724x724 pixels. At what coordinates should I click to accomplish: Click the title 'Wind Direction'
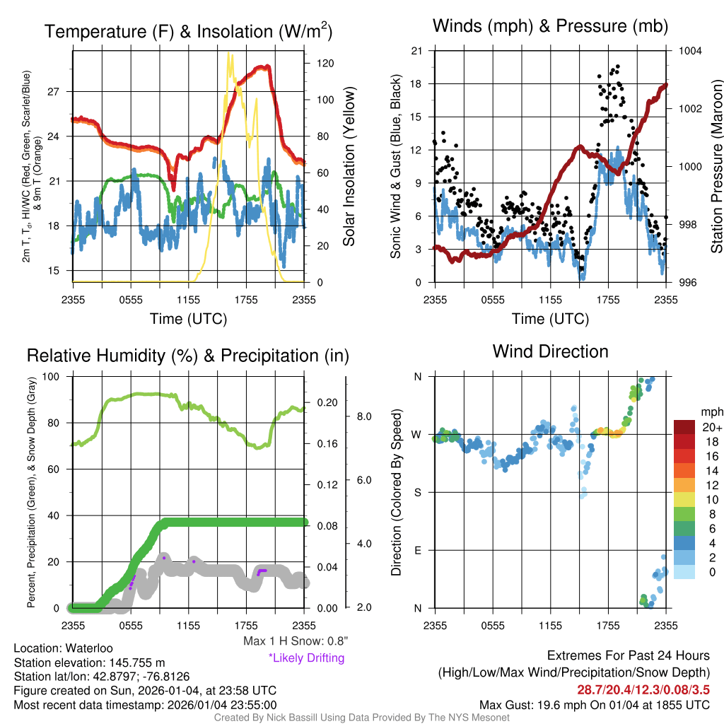click(x=550, y=351)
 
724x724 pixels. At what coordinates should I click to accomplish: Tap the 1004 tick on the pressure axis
click(x=689, y=51)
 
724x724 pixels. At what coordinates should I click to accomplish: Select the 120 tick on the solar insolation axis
click(x=325, y=63)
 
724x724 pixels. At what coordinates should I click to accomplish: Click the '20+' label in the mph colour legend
click(x=707, y=427)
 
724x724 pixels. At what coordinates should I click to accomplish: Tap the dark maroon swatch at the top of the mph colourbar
click(x=684, y=427)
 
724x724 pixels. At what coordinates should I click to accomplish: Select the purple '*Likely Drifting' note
click(x=306, y=658)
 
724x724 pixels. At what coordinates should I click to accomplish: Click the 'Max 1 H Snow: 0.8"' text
click(x=295, y=641)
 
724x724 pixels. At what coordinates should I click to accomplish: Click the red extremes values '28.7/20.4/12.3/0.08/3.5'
click(x=643, y=689)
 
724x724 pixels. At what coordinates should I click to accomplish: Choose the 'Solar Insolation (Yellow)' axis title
click(x=349, y=166)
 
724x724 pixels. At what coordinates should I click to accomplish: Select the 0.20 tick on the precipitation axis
click(x=328, y=402)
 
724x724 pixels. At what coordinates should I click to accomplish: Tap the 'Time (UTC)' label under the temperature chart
click(x=188, y=319)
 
